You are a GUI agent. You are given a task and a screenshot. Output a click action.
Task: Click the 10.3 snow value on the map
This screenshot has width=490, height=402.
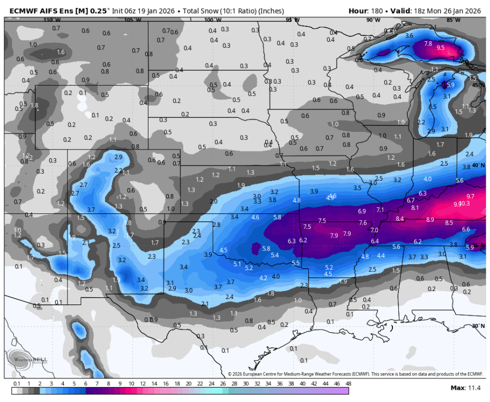pyautogui.click(x=464, y=204)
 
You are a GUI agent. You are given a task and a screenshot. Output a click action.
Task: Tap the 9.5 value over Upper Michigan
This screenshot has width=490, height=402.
pyautogui.click(x=441, y=48)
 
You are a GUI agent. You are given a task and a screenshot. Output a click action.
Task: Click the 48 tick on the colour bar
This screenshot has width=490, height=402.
pyautogui.click(x=348, y=384)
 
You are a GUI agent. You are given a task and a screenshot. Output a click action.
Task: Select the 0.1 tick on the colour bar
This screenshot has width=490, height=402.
pyautogui.click(x=17, y=384)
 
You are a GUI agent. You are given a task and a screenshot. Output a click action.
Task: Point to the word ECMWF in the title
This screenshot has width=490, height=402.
pyautogui.click(x=17, y=10)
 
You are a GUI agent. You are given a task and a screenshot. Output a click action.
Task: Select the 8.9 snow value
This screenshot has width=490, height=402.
pyautogui.click(x=430, y=220)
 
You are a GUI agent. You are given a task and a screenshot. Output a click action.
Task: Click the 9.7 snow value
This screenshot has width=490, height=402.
pyautogui.click(x=471, y=196)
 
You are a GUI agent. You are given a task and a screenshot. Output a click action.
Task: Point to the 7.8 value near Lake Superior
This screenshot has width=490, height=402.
pyautogui.click(x=428, y=44)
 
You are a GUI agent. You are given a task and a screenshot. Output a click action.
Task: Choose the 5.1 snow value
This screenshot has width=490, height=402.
pyautogui.click(x=237, y=264)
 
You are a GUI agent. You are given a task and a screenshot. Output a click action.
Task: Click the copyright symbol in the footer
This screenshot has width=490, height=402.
pyautogui.click(x=230, y=374)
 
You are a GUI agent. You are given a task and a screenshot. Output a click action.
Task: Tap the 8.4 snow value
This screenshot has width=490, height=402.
pyautogui.click(x=400, y=219)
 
